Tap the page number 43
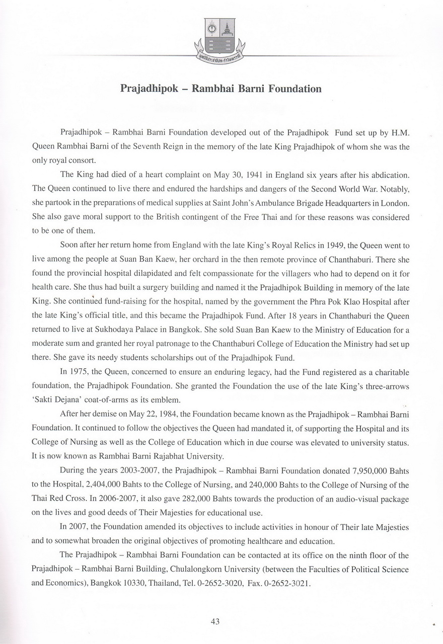215,621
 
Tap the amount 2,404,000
100,485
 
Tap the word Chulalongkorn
237,570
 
